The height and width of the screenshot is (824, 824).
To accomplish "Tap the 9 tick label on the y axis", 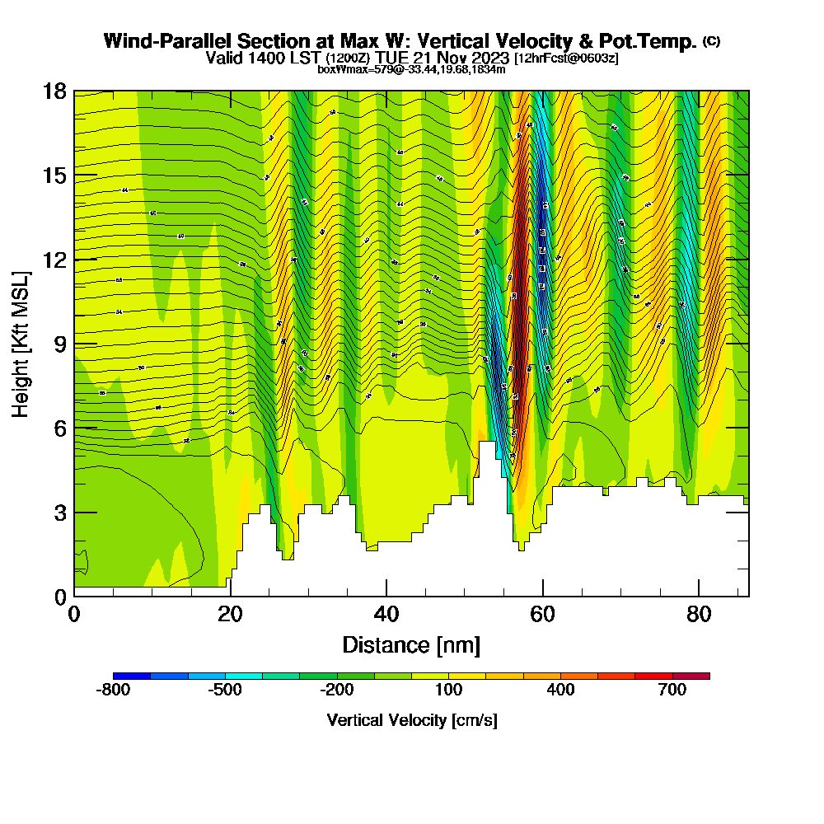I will (59, 344).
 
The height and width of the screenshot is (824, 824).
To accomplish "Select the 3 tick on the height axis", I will (59, 513).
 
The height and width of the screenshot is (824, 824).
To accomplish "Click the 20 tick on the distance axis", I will (230, 614).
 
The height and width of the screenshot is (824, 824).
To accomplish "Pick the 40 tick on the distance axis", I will (386, 614).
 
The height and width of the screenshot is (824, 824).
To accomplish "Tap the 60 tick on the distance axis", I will (542, 614).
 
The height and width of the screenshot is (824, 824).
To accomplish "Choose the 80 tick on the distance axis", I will (699, 614).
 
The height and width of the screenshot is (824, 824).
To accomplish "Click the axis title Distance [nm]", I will (411, 644).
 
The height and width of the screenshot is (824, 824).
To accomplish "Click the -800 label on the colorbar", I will (113, 691).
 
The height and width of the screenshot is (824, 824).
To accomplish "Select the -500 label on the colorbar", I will (224, 691).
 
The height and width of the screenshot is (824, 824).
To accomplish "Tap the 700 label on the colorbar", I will (672, 691).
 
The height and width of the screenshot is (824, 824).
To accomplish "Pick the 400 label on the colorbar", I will (560, 691).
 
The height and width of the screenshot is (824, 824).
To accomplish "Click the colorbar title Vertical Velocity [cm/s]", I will (411, 720).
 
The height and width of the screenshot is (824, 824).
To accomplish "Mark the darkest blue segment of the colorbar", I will (132, 676).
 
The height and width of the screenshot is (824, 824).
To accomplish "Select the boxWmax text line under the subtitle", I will (411, 69).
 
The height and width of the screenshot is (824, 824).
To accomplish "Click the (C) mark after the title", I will (711, 41).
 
